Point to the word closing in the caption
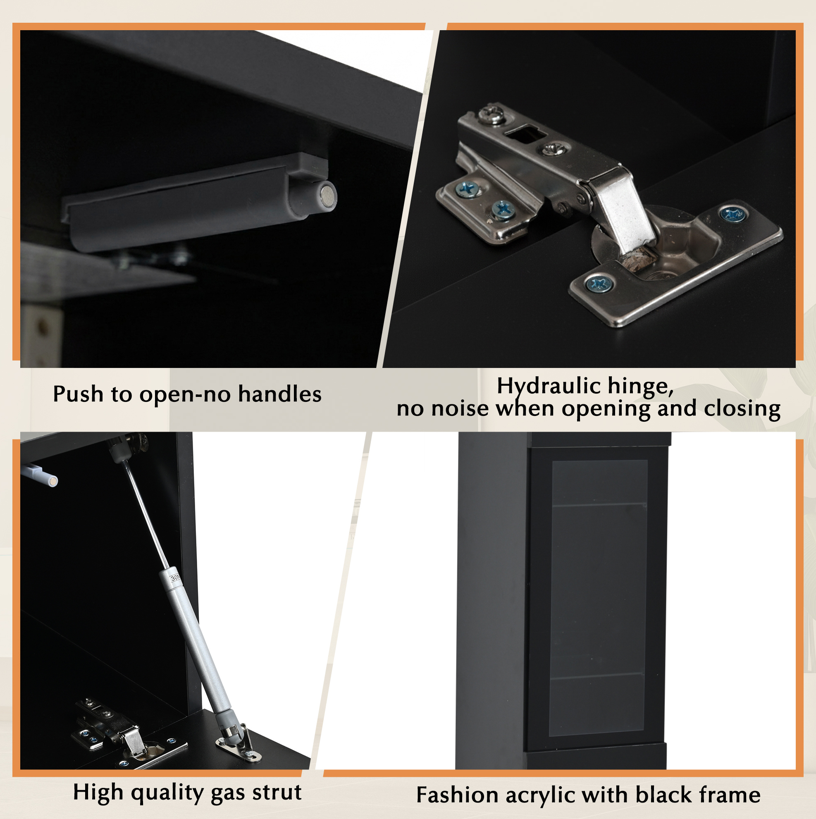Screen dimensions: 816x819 (742, 409)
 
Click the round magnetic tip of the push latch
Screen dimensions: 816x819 (328, 196)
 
